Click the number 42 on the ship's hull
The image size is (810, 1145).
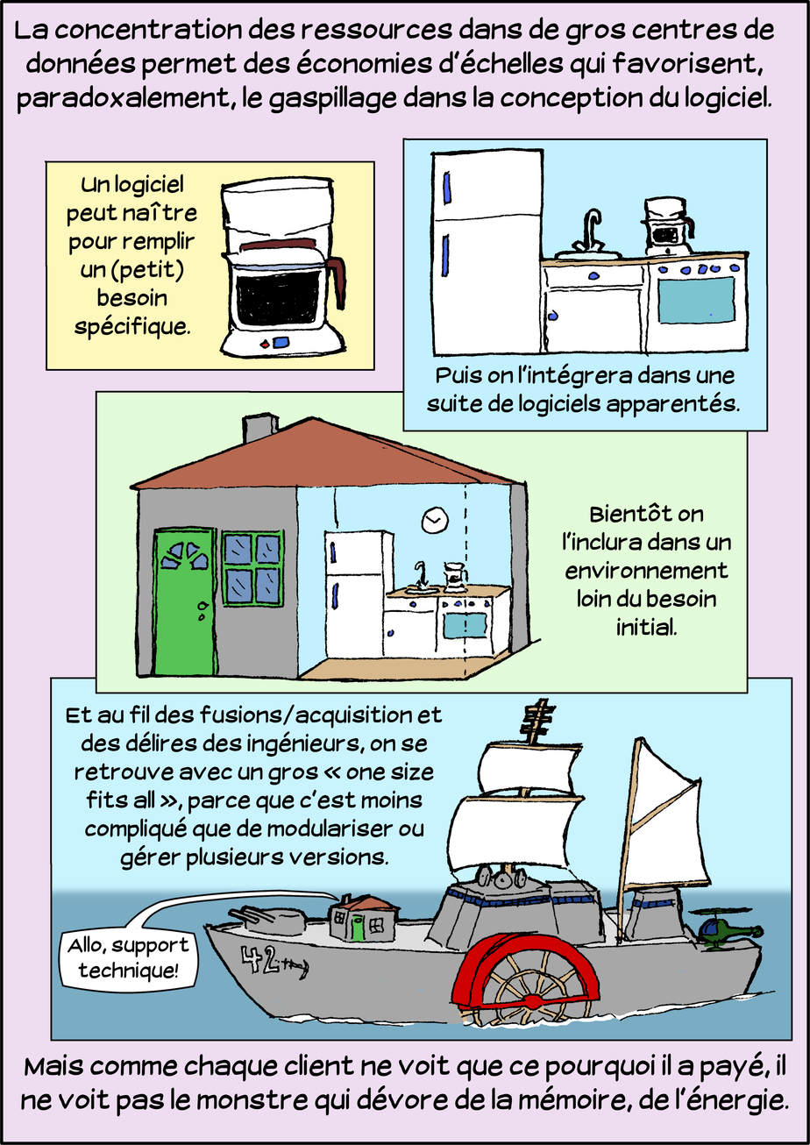264,962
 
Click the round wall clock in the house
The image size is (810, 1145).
433,521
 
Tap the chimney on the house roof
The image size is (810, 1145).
259,429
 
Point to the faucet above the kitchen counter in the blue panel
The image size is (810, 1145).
592,230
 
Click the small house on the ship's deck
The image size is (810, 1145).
361,917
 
